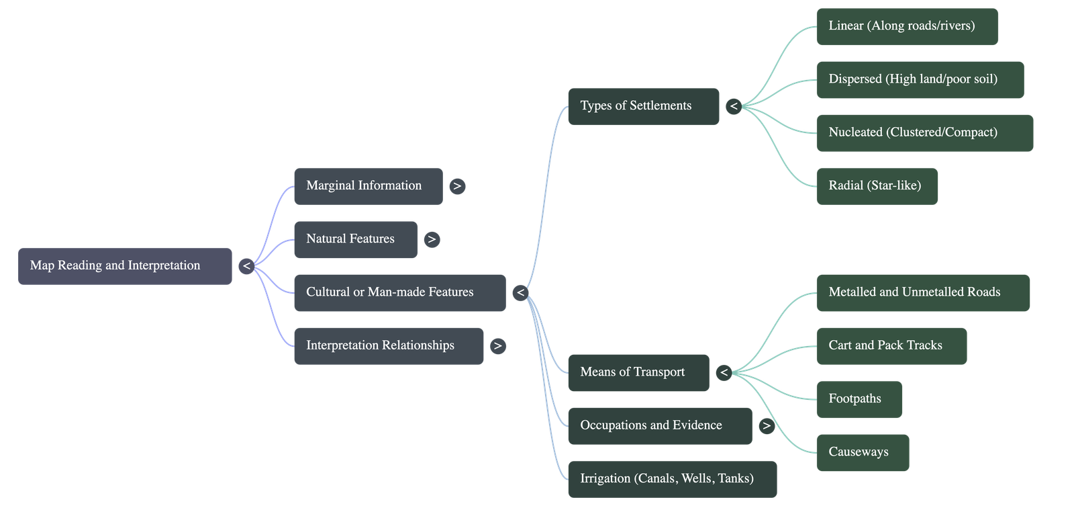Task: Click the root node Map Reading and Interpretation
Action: point(125,266)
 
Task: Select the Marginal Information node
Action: point(369,186)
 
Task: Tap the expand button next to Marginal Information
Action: point(457,186)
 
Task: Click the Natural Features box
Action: point(356,239)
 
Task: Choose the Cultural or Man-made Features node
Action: point(400,293)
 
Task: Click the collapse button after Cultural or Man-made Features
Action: point(521,293)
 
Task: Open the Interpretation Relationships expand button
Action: point(498,346)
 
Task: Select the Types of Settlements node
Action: point(644,107)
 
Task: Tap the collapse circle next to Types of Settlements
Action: point(734,107)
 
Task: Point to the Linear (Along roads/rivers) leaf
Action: point(907,26)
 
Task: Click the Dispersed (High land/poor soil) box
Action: point(920,80)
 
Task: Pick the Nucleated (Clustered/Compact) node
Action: point(925,133)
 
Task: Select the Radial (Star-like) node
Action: point(877,186)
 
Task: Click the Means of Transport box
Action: point(638,373)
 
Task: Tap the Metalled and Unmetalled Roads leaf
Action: point(923,293)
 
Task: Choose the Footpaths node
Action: point(859,399)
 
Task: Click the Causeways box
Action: point(863,453)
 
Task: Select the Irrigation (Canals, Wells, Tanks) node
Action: point(672,479)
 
